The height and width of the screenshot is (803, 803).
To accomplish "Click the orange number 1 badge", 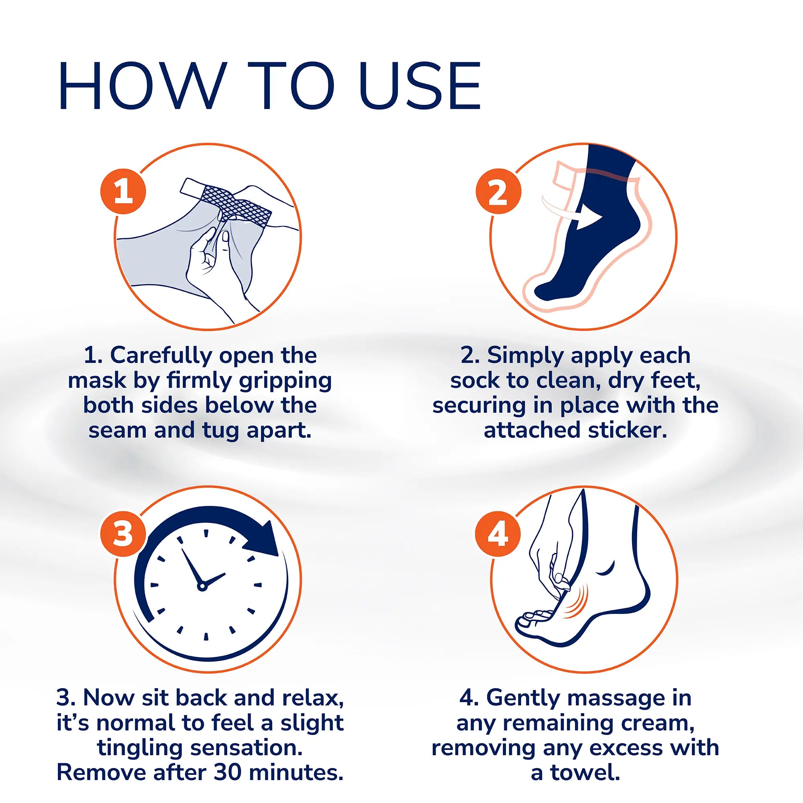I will (x=123, y=192).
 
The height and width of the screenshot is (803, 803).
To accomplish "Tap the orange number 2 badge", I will (x=498, y=192).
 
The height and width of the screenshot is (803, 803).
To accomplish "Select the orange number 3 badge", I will (x=123, y=534).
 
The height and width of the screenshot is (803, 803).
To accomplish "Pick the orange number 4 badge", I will (x=498, y=534).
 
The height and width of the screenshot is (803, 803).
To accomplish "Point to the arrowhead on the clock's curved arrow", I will (x=267, y=540).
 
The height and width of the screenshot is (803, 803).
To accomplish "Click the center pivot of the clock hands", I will (x=202, y=587).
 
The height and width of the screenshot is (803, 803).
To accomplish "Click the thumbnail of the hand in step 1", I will (x=225, y=237).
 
